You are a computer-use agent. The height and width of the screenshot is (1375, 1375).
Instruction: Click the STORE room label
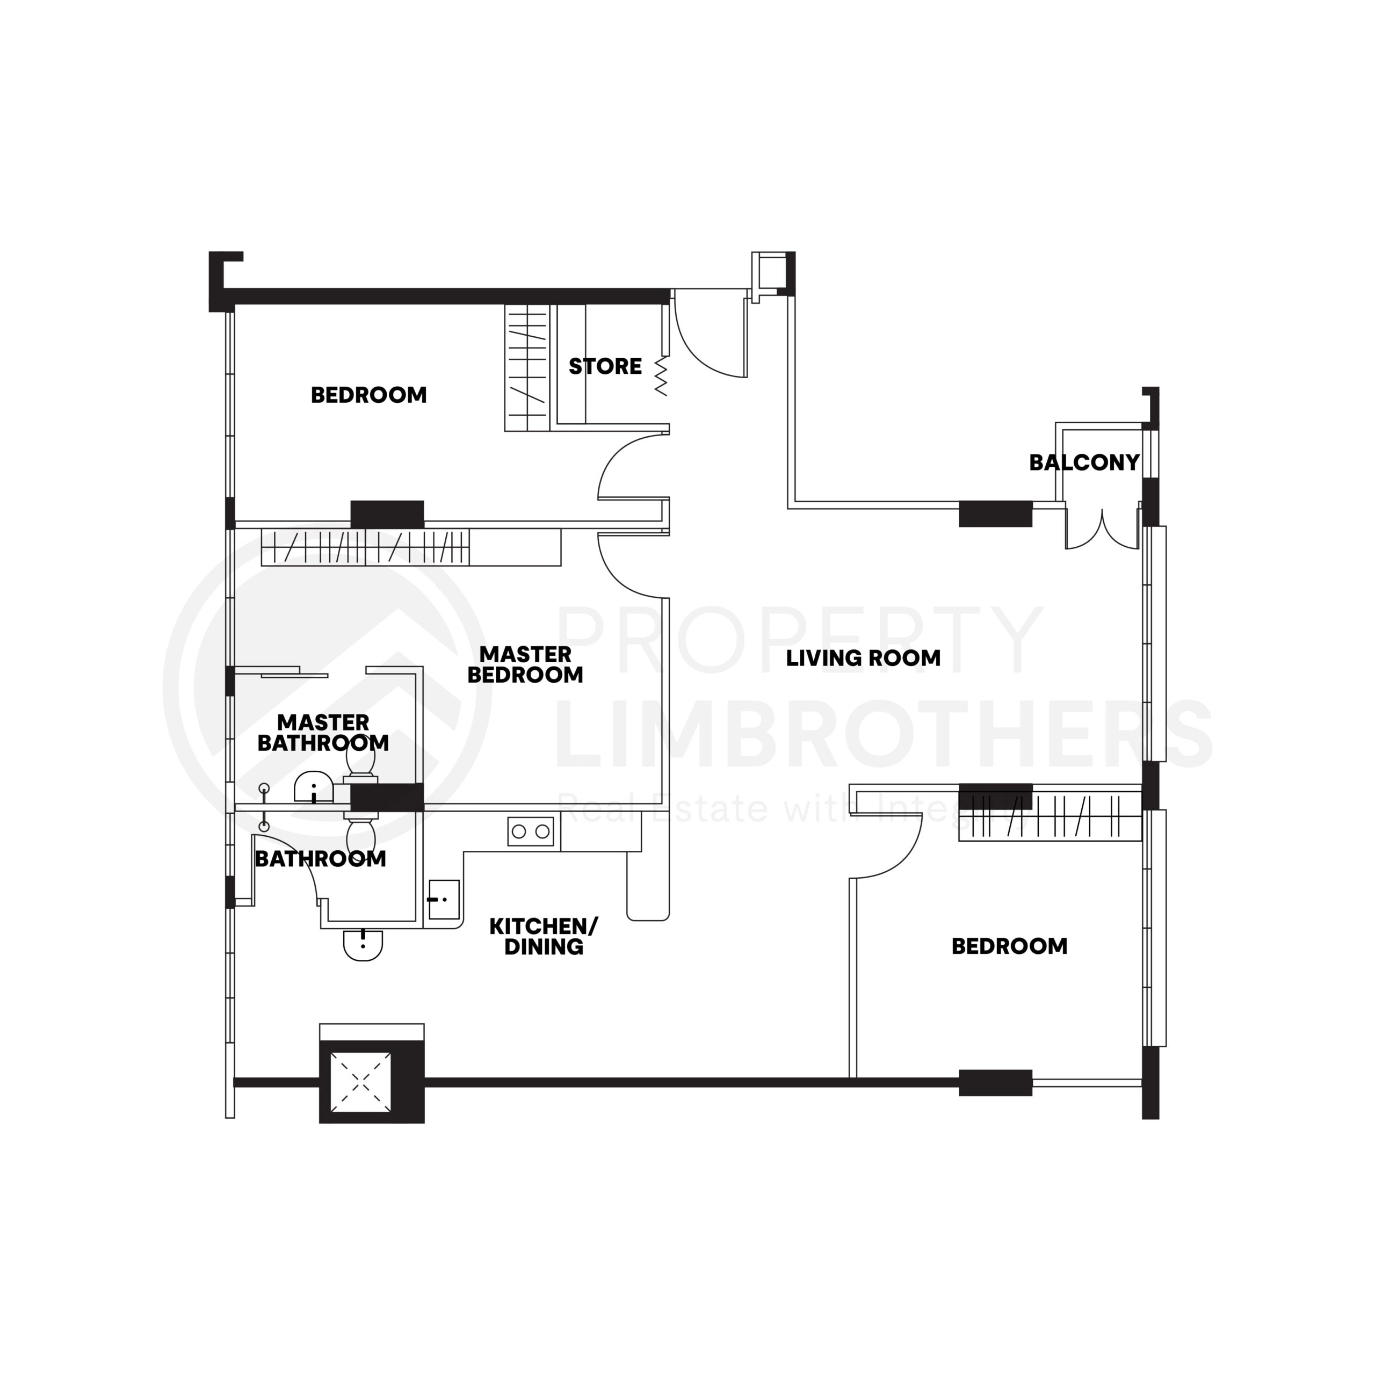pyautogui.click(x=605, y=366)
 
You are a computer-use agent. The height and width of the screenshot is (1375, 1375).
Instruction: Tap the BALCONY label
pyautogui.click(x=1084, y=462)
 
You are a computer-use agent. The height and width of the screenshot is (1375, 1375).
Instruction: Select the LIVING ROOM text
pyautogui.click(x=863, y=657)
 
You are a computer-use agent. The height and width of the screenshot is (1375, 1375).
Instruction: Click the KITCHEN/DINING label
pyautogui.click(x=544, y=937)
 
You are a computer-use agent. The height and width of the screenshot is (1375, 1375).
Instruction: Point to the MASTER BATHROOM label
pyautogui.click(x=323, y=732)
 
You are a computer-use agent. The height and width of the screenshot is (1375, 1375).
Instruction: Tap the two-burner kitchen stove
pyautogui.click(x=530, y=830)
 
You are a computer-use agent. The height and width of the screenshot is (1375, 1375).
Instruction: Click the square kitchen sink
pyautogui.click(x=444, y=899)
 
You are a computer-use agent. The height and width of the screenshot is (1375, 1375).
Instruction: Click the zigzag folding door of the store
pyautogui.click(x=661, y=376)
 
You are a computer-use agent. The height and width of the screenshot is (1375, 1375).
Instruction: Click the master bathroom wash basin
pyautogui.click(x=314, y=788)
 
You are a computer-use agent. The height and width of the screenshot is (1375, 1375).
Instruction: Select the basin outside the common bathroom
pyautogui.click(x=363, y=944)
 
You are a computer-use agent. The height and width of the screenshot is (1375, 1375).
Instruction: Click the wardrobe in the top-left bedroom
pyautogui.click(x=527, y=368)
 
